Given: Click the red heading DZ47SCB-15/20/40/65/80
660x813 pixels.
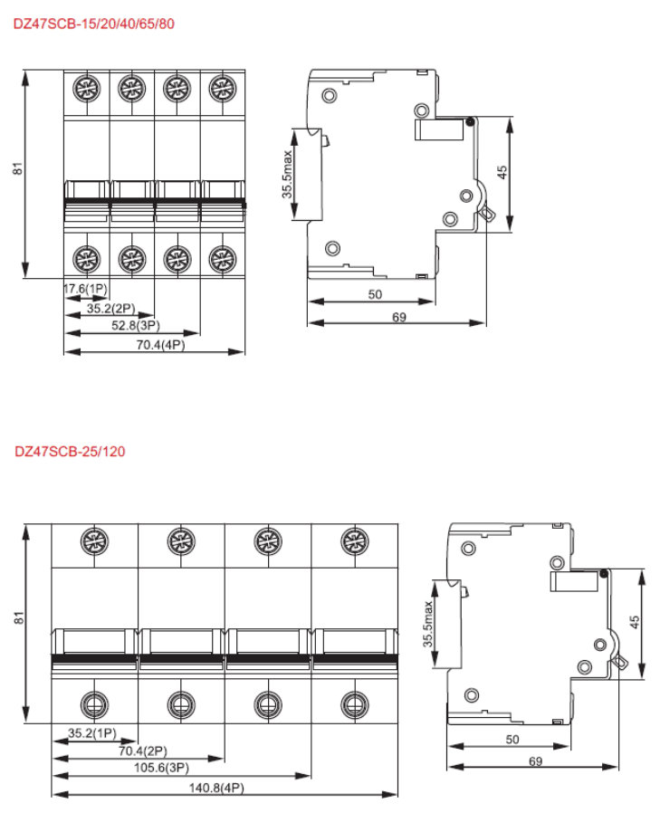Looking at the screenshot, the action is pos(94,24).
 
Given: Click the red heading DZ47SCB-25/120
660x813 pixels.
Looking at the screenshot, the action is pos(70,451).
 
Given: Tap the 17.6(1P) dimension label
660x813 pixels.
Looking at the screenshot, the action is pos(85,289).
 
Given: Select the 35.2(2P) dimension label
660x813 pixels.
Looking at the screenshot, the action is pos(111,309).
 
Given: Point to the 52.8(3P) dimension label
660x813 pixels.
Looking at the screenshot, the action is pos(136,326).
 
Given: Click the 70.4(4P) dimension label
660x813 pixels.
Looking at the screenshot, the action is pos(161,345).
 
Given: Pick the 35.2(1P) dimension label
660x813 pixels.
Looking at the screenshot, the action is pos(92,733).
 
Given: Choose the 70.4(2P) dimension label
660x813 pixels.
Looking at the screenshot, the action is pos(143,751).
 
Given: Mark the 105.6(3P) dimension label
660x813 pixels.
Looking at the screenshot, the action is pos(162,768).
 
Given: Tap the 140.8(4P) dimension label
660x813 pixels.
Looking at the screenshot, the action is pos(216,789).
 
